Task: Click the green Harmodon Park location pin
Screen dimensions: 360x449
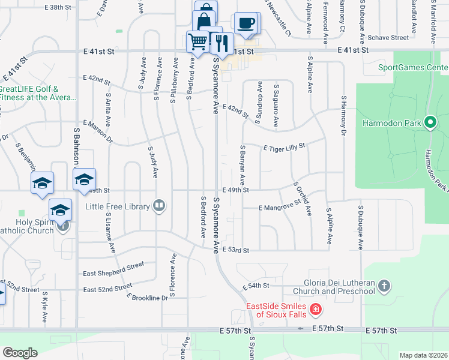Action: pyautogui.click(x=430, y=123)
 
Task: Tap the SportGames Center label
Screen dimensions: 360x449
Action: pyautogui.click(x=414, y=67)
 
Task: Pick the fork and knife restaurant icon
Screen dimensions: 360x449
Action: pyautogui.click(x=221, y=43)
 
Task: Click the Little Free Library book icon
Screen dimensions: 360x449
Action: pyautogui.click(x=159, y=206)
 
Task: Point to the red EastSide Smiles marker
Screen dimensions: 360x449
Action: pyautogui.click(x=315, y=310)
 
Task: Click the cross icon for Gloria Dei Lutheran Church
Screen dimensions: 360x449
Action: pyautogui.click(x=385, y=287)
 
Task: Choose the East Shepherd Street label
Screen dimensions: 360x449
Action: pyautogui.click(x=113, y=265)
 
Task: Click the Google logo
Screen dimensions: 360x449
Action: pyautogui.click(x=20, y=353)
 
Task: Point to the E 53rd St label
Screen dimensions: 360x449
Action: pyautogui.click(x=235, y=249)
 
